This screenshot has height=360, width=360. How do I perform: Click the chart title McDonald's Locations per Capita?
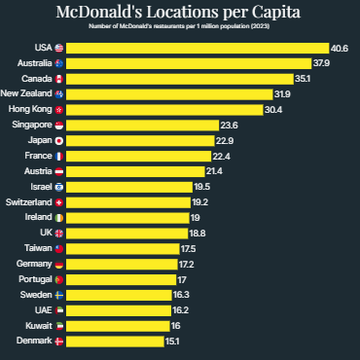click(180, 13)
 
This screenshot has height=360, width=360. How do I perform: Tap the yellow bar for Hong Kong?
click(165, 110)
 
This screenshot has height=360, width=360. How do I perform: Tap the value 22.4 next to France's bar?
click(221, 156)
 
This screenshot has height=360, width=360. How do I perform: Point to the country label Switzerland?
click(29, 202)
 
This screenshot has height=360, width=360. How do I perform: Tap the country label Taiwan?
click(36, 249)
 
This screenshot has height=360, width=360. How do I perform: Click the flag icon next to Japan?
click(58, 141)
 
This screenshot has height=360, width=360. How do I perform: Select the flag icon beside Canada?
click(58, 79)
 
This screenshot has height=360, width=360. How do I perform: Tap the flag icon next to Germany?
click(58, 265)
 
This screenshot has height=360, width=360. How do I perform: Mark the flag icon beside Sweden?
click(58, 295)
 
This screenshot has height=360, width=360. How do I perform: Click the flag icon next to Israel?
click(58, 187)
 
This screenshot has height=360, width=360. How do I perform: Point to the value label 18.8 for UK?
click(197, 234)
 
